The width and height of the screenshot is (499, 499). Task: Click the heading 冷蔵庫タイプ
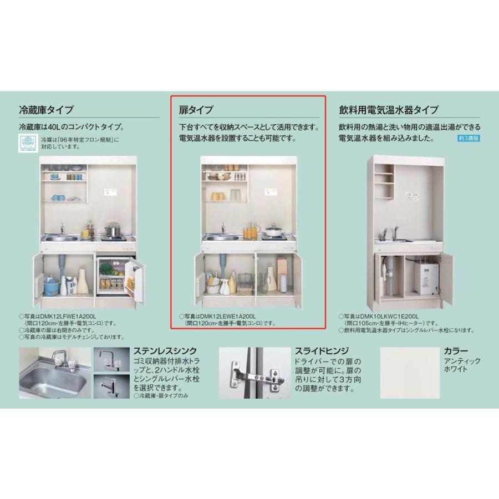46,110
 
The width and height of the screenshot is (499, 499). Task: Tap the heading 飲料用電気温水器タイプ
389,110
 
